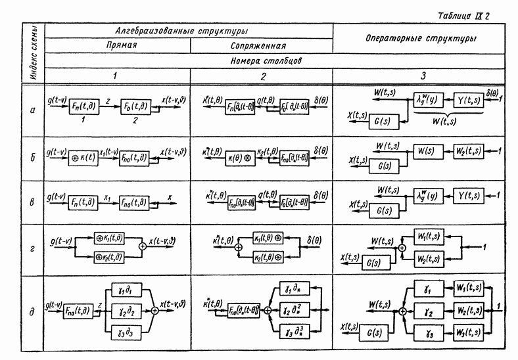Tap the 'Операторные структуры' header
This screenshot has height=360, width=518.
point(421,39)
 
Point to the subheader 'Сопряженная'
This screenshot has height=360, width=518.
point(258,47)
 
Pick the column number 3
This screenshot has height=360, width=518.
point(423,76)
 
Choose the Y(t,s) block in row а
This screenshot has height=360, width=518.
point(470,100)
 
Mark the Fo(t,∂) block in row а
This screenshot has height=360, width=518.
point(135,108)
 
